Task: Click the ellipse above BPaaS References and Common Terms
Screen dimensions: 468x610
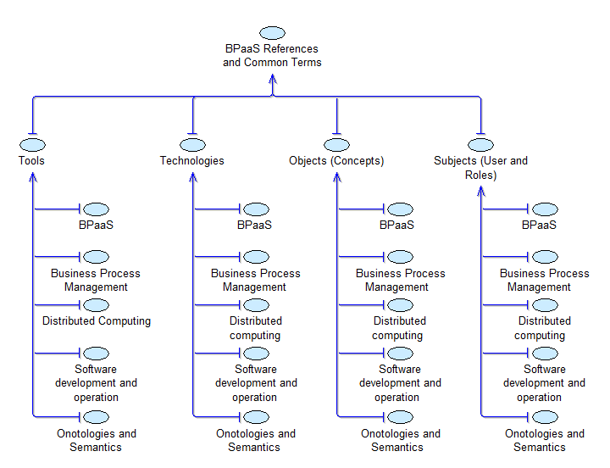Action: pos(272,33)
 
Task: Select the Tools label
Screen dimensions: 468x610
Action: pos(32,160)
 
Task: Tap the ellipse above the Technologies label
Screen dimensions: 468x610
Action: pos(192,145)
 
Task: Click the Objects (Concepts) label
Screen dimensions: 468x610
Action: pos(336,160)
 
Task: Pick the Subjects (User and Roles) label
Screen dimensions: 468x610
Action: pos(480,168)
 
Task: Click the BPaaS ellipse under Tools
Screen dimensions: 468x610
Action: pos(97,209)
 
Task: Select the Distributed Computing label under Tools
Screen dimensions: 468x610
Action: pos(97,321)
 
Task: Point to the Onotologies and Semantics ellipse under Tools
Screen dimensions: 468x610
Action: pos(97,417)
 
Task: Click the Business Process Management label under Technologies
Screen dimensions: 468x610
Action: pos(256,280)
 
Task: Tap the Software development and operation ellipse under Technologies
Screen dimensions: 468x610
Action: pos(257,353)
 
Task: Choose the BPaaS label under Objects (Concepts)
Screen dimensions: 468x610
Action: pos(397,226)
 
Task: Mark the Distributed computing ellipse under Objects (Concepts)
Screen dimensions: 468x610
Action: pos(401,304)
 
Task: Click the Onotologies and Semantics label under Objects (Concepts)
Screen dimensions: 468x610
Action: pos(401,440)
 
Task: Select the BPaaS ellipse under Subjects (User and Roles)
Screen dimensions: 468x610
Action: pos(545,209)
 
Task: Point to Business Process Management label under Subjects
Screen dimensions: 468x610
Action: pos(545,280)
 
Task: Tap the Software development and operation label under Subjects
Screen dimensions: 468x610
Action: pos(545,383)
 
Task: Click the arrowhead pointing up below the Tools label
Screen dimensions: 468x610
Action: pos(32,177)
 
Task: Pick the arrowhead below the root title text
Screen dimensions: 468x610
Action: pos(273,79)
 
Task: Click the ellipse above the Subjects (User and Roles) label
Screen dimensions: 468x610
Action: pos(480,145)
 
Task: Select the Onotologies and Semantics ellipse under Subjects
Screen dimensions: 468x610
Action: pos(545,417)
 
